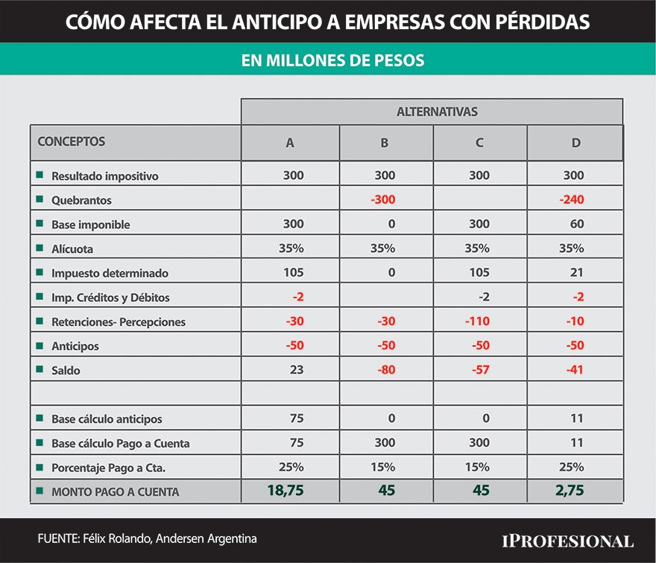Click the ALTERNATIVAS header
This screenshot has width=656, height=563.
(437, 112)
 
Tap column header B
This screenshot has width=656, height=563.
(384, 143)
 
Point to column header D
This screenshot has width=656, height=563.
(575, 143)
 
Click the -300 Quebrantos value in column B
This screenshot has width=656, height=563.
(383, 199)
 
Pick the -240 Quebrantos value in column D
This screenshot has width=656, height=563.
(572, 199)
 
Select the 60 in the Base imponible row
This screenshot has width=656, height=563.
(576, 224)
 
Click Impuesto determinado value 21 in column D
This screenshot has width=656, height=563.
(576, 272)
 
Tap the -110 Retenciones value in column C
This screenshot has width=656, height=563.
(477, 321)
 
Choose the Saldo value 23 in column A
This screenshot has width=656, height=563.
(297, 370)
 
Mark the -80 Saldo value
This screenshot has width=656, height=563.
(386, 370)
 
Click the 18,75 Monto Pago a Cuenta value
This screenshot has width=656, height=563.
(286, 490)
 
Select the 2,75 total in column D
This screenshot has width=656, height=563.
(570, 490)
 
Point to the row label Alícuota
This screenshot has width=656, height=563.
(72, 249)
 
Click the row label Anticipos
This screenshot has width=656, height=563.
(75, 346)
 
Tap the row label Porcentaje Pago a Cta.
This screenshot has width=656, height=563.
(108, 468)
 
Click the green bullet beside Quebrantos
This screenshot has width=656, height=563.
(40, 199)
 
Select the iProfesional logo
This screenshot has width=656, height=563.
(568, 541)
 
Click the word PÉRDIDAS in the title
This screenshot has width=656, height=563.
(543, 22)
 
